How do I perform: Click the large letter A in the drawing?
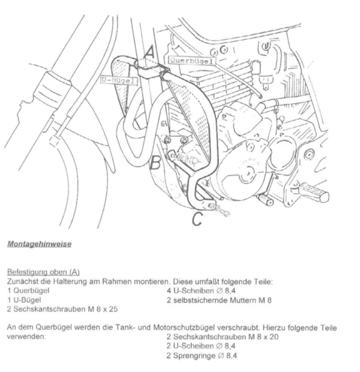pyautogui.click(x=149, y=52)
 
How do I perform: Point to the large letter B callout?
pyautogui.click(x=156, y=163)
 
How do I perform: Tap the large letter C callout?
pyautogui.click(x=197, y=219)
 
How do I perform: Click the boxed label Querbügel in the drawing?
pyautogui.click(x=191, y=60)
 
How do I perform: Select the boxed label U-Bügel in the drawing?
pyautogui.click(x=119, y=81)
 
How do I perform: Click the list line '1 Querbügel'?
pyautogui.click(x=29, y=290)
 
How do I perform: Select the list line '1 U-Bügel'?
pyautogui.click(x=25, y=300)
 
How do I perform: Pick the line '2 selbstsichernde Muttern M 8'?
pyautogui.click(x=219, y=300)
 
